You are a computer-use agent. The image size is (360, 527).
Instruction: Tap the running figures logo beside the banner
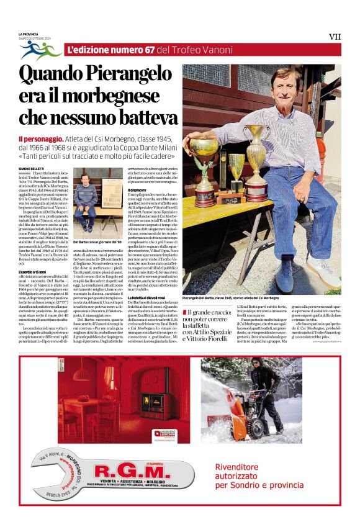(x=40, y=50)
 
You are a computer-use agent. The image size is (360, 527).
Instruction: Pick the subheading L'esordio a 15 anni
(x=32, y=272)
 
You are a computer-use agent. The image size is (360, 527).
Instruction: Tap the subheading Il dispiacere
(x=137, y=190)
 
